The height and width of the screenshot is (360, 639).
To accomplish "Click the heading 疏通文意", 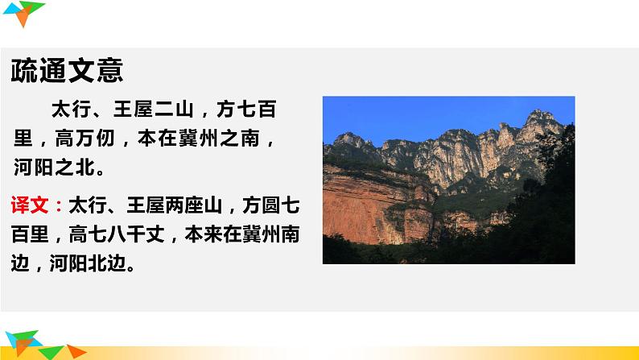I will click(x=68, y=71).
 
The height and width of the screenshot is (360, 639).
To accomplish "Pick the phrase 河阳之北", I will click(x=56, y=169).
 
